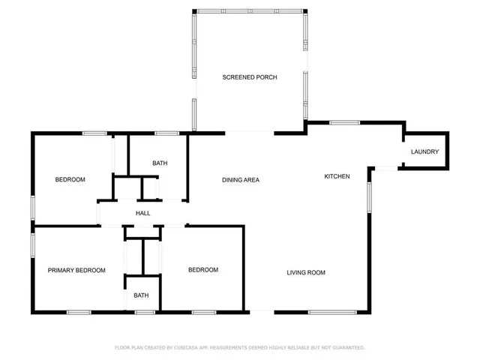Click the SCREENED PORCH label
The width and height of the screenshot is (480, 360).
[250, 77]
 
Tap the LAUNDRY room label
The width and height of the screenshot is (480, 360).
[424, 152]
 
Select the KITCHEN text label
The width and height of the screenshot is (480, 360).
[337, 176]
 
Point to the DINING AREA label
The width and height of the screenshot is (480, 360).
[241, 180]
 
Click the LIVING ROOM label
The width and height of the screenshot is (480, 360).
[306, 272]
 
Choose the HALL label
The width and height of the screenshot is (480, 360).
[142, 214]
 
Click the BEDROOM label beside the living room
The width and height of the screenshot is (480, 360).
[202, 270]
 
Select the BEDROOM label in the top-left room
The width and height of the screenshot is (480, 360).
[70, 180]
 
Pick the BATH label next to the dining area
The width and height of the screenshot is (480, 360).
[160, 163]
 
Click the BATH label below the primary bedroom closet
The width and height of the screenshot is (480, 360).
[141, 295]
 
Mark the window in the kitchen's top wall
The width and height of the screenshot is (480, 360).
[344, 122]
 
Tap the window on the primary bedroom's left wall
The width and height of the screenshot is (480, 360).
[32, 245]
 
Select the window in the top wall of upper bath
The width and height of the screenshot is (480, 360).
[166, 133]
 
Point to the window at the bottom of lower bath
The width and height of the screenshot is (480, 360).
[144, 311]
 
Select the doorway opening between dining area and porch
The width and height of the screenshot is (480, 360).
[250, 133]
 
